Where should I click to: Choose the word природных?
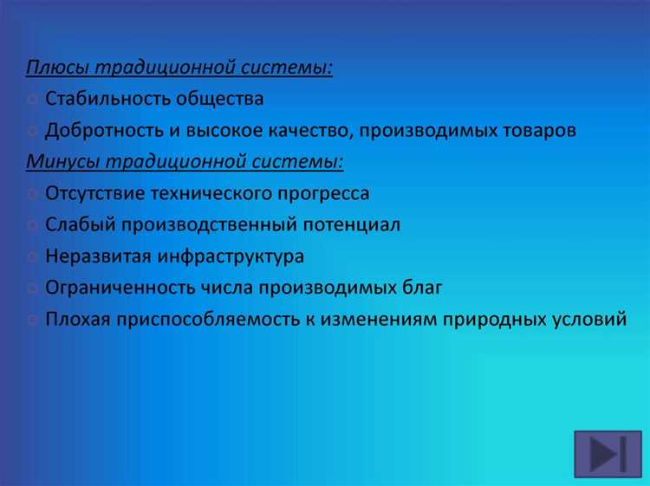pyautogui.click(x=491, y=320)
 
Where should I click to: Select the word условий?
pyautogui.click(x=588, y=320)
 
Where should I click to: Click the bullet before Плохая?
pyautogui.click(x=32, y=320)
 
